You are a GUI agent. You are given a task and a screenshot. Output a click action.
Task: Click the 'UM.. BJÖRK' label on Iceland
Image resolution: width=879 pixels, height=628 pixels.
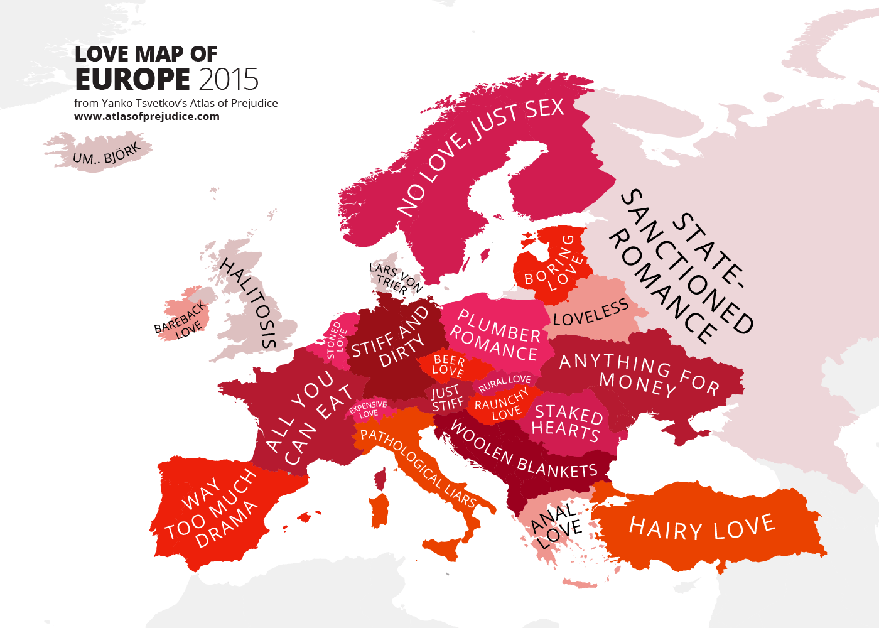107,154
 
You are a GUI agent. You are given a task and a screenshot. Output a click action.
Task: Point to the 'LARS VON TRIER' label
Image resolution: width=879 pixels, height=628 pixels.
394,278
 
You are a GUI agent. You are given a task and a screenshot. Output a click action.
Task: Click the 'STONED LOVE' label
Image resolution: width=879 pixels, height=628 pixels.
337,340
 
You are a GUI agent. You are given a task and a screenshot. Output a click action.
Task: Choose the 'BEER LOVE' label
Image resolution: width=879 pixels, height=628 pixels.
449,365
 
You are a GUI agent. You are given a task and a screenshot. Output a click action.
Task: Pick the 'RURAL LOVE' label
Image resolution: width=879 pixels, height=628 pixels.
505,382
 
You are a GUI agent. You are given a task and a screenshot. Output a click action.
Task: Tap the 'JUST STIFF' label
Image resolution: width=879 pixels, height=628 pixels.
446,399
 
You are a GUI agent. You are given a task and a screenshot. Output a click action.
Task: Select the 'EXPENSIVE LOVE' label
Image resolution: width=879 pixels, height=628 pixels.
368,409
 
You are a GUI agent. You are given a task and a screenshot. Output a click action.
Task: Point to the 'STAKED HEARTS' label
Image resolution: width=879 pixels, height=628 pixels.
567,422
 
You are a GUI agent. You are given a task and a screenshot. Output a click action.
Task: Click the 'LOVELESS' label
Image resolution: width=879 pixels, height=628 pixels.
591,313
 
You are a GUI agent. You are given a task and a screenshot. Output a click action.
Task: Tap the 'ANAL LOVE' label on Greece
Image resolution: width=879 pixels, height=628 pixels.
556,526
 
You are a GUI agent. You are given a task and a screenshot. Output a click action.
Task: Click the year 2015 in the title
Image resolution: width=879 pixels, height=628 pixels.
229,80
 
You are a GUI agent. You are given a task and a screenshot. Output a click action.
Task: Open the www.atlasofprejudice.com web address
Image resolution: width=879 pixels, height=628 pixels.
147,116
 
